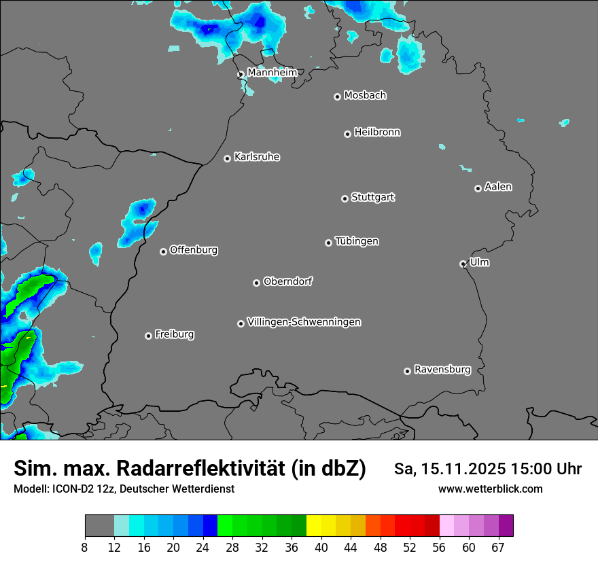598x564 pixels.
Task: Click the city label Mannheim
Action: [272, 72]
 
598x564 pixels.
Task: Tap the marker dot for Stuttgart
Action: [345, 198]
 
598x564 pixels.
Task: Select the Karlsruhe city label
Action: [257, 157]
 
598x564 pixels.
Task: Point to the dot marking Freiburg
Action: [148, 336]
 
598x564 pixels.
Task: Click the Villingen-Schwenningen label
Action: [304, 322]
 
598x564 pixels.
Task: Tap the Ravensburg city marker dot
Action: [407, 371]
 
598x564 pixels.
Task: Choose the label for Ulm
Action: [479, 262]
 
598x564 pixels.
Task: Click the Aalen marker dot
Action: [478, 188]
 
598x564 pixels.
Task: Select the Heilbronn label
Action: [377, 133]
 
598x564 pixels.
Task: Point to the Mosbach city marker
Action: [337, 96]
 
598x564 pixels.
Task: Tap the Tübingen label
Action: [357, 241]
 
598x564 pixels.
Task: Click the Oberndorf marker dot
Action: [256, 283]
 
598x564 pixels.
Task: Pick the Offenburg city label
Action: [194, 250]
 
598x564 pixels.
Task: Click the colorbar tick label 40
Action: [321, 548]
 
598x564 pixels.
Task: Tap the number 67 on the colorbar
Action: [498, 548]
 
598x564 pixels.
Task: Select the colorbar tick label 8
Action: [85, 548]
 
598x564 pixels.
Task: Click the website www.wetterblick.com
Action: [491, 489]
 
